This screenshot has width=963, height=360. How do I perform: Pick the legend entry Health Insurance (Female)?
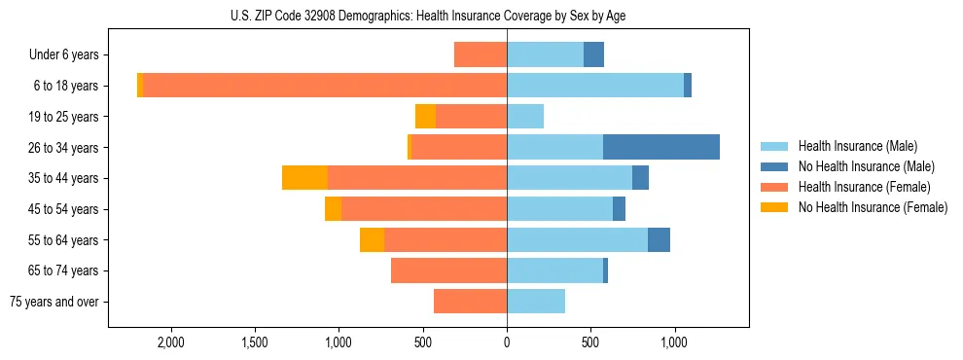[864, 187]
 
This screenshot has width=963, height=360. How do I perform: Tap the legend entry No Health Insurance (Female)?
[873, 207]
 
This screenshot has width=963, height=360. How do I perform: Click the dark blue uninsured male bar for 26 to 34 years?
[661, 147]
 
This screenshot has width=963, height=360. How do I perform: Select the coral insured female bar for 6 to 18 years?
[325, 86]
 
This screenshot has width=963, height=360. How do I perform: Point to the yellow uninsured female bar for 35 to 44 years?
[304, 178]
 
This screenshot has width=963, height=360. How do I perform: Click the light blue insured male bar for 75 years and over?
[536, 302]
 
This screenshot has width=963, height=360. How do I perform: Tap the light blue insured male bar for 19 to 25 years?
[525, 117]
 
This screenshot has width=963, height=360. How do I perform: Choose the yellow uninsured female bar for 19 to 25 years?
[425, 117]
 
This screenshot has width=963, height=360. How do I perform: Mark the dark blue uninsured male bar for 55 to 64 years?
[659, 239]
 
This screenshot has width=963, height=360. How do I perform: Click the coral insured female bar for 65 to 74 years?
[448, 270]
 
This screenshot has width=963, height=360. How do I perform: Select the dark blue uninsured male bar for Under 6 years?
[593, 54]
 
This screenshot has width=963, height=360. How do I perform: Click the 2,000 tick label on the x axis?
[170, 343]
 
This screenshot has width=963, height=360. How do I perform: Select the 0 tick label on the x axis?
[507, 343]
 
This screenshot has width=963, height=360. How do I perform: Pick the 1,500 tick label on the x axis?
[254, 343]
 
